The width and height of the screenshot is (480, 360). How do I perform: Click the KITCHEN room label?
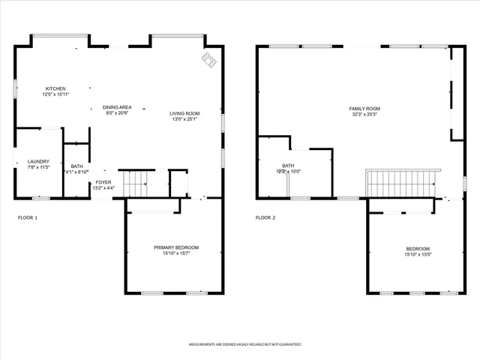[x=55, y=88]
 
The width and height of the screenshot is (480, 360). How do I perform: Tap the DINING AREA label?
[x=117, y=107]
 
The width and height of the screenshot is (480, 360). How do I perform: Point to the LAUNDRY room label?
[x=38, y=161]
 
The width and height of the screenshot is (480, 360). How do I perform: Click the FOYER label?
[x=103, y=181]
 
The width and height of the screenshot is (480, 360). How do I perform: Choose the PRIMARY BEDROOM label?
[x=176, y=247]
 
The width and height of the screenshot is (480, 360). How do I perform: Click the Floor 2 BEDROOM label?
[x=418, y=249]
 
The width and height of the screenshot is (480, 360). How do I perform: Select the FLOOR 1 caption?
[x=27, y=217]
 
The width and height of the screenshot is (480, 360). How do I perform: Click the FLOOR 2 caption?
[x=265, y=217]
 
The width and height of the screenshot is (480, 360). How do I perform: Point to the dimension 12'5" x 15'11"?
[x=55, y=94]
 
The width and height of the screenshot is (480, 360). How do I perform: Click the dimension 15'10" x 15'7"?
[x=176, y=253]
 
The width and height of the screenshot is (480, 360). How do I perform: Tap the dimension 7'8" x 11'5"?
[x=38, y=167]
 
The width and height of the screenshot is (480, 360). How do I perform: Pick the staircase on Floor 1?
[x=136, y=182]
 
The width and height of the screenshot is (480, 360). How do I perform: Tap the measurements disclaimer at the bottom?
[x=244, y=344]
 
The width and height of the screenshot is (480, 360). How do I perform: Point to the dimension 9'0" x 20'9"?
[x=117, y=113]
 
